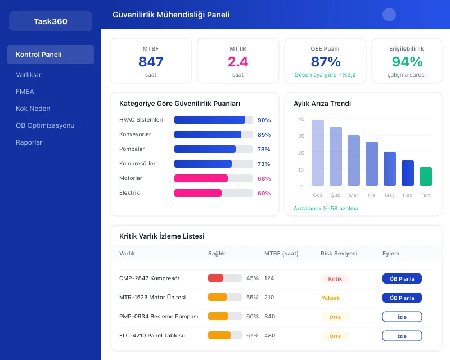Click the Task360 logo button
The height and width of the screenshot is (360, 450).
click(x=51, y=21)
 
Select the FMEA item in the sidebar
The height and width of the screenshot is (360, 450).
click(x=25, y=92)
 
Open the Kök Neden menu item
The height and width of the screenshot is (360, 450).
click(x=33, y=109)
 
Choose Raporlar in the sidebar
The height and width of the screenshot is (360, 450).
click(x=29, y=142)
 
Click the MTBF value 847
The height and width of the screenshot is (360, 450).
click(x=151, y=62)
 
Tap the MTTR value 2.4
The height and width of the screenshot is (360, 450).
click(x=238, y=62)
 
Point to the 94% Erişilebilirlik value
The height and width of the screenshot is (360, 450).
click(x=407, y=62)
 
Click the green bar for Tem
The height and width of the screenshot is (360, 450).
click(x=426, y=176)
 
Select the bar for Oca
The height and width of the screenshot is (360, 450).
click(x=318, y=152)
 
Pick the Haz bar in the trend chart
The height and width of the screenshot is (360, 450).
click(x=408, y=173)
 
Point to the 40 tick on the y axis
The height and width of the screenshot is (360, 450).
click(x=301, y=119)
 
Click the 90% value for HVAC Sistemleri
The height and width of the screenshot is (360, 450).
click(x=264, y=120)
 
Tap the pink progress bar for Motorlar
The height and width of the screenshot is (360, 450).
click(x=201, y=178)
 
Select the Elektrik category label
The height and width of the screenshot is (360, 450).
click(x=129, y=193)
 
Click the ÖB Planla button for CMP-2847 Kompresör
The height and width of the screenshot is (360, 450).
click(x=402, y=278)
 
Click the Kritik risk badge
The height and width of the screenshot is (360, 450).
click(x=335, y=278)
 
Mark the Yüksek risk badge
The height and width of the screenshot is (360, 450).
click(x=331, y=298)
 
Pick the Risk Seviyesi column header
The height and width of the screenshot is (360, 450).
click(x=339, y=254)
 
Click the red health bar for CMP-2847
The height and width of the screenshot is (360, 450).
click(x=215, y=278)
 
